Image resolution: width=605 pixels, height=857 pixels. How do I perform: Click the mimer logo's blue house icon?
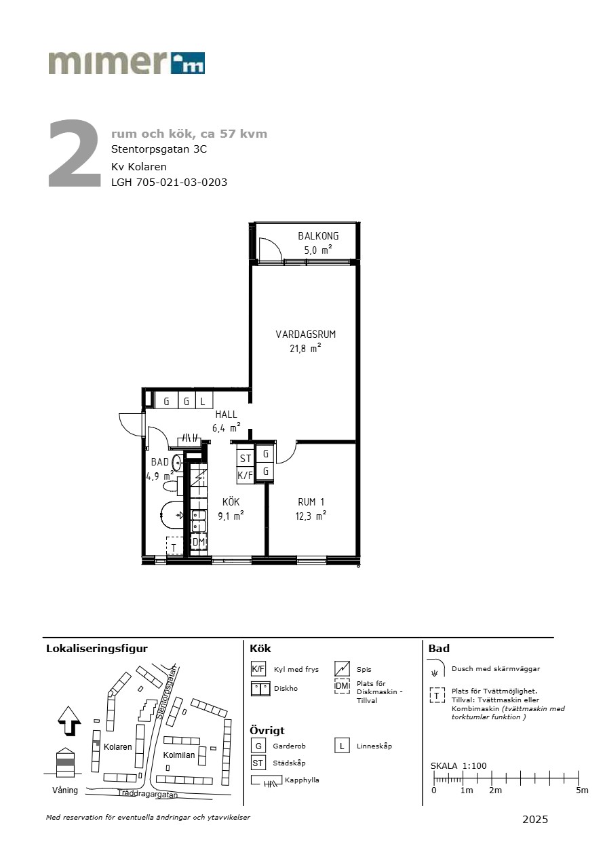click(x=187, y=63)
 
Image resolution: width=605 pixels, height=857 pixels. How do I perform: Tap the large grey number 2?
click(x=75, y=153)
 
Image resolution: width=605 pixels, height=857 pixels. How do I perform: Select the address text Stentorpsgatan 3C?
click(x=159, y=149)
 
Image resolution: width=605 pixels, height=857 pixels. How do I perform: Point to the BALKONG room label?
click(x=318, y=236)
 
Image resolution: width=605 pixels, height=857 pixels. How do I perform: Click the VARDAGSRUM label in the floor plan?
click(x=306, y=335)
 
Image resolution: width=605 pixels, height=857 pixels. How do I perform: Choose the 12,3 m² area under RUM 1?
click(x=311, y=516)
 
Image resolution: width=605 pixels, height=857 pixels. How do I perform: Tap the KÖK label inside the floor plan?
click(x=231, y=501)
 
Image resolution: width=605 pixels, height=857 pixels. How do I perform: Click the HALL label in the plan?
click(x=226, y=415)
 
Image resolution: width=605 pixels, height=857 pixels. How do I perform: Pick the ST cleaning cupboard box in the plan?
click(x=246, y=458)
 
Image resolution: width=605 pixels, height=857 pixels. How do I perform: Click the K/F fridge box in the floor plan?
click(x=246, y=476)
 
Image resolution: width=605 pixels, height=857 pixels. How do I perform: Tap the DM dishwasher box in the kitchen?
click(x=199, y=541)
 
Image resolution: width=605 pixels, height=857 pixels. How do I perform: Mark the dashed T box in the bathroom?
click(x=174, y=545)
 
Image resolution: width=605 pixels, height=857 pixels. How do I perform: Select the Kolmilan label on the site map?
click(x=179, y=755)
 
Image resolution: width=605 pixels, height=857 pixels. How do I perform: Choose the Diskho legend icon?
click(x=260, y=689)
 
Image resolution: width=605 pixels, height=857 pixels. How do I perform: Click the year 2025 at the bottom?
click(x=535, y=819)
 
